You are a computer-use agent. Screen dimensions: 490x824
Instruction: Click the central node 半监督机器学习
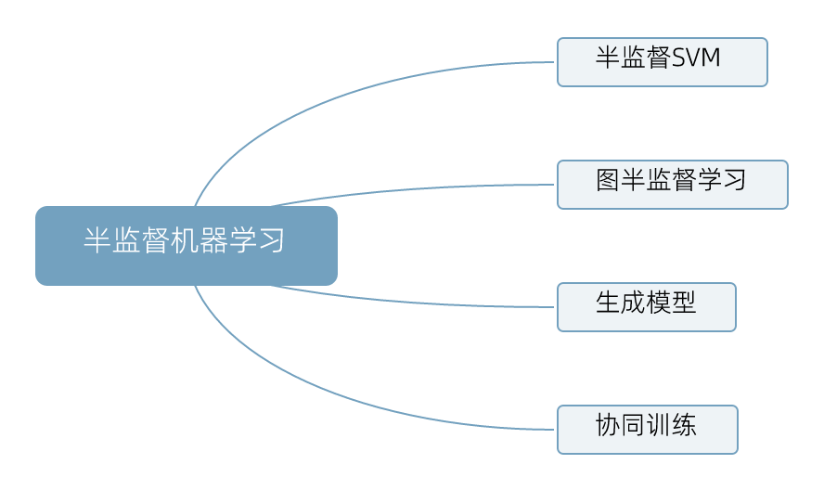tap(186, 245)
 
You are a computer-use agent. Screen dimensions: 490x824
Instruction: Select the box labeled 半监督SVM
tap(662, 62)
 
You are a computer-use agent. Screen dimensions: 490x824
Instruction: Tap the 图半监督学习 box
tap(672, 185)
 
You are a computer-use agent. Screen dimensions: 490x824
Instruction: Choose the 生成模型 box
tap(646, 307)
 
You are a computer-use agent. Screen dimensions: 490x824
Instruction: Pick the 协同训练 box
tap(647, 430)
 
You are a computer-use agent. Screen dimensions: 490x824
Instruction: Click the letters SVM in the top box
tap(695, 59)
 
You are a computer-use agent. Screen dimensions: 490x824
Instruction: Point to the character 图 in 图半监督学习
tap(607, 180)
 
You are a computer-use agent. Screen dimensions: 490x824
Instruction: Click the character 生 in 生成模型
tap(608, 303)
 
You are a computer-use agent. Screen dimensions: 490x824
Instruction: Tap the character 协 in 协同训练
tap(607, 426)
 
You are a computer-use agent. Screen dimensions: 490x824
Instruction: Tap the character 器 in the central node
tap(214, 241)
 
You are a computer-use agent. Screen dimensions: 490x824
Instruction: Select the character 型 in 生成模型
tap(684, 303)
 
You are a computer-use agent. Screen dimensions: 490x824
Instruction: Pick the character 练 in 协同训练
tap(684, 426)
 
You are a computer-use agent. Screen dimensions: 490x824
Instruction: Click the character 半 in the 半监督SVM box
tap(607, 58)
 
